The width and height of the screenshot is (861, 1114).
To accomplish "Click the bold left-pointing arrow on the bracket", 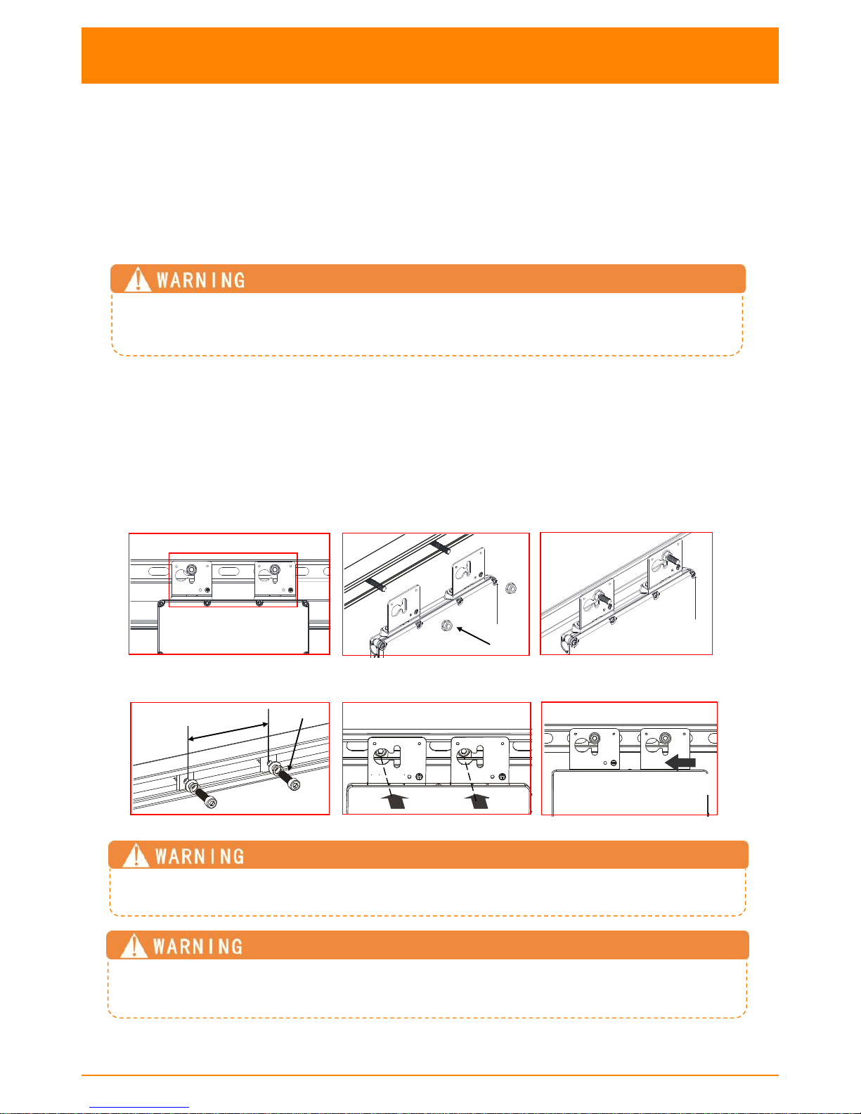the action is [x=680, y=763].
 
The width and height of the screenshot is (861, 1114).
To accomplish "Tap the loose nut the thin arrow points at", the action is [x=446, y=626].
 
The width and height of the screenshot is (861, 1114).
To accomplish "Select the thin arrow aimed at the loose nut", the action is [x=474, y=635].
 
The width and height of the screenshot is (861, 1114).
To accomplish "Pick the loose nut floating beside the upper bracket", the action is [x=510, y=588].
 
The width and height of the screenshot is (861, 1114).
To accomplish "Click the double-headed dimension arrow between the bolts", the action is [x=228, y=731].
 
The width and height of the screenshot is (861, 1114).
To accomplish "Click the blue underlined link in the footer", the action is [x=139, y=1108].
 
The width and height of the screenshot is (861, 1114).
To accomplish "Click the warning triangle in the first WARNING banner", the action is [x=138, y=280].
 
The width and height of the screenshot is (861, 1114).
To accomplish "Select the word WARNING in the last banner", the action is [x=198, y=947].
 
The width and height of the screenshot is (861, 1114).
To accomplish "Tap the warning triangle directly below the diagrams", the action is [x=136, y=855].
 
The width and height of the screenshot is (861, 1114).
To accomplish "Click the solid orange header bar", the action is [x=430, y=56].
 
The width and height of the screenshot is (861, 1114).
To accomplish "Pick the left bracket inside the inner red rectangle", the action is [x=192, y=579].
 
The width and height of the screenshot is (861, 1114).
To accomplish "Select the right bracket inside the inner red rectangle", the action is [x=276, y=579].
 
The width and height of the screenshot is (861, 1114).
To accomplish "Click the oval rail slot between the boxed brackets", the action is [x=233, y=572].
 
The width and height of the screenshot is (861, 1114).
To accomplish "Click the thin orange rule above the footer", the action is [x=430, y=1075].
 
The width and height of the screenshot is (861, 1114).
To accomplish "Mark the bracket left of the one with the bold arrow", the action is [x=595, y=749].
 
